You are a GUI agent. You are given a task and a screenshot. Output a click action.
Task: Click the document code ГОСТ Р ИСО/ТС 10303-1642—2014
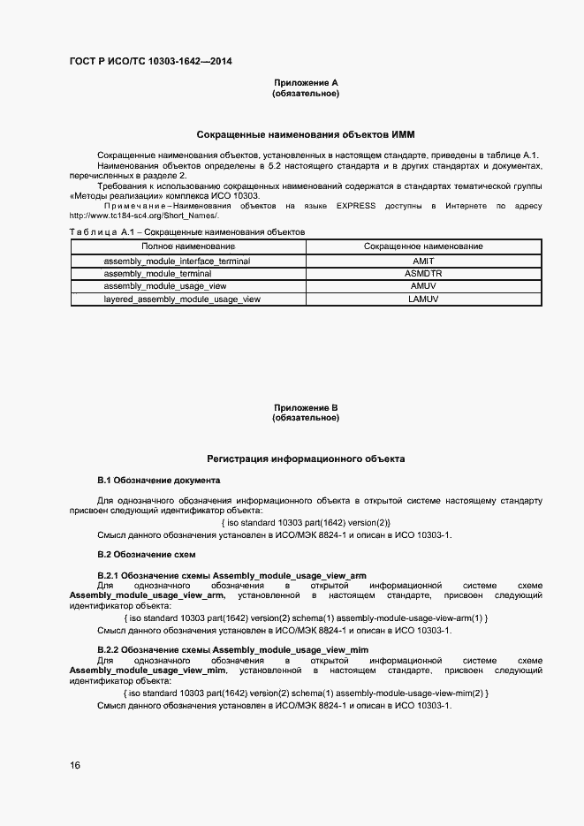click(150, 62)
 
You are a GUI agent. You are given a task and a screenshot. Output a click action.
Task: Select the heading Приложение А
click(306, 83)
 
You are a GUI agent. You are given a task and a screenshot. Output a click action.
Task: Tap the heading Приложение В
click(306, 407)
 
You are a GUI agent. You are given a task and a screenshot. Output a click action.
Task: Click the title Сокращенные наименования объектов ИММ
click(306, 134)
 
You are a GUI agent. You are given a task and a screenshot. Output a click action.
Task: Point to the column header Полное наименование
click(188, 246)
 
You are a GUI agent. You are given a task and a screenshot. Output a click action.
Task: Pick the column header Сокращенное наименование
click(423, 246)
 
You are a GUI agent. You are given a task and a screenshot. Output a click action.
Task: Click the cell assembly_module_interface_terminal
click(177, 261)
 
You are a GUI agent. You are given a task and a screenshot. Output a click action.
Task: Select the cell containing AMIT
click(423, 261)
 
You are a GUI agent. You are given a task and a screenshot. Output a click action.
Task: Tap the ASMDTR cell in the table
click(423, 274)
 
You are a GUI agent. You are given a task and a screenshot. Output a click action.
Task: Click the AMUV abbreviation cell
click(423, 286)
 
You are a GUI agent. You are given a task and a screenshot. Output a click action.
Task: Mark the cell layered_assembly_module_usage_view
click(182, 299)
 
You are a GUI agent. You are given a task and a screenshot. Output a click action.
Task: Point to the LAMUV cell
click(423, 299)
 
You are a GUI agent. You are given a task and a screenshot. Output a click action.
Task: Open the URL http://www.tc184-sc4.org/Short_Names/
click(142, 216)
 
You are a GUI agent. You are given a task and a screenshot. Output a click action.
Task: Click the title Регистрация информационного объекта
click(306, 459)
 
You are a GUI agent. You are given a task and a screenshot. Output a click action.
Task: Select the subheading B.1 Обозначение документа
click(158, 480)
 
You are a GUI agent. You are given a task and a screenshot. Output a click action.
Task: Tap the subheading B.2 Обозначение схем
click(146, 555)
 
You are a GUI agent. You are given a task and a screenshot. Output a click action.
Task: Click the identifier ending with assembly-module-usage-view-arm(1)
click(306, 618)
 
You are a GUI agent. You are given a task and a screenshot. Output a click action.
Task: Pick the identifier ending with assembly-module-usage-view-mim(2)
click(306, 693)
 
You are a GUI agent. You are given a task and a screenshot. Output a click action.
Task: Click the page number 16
click(75, 765)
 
